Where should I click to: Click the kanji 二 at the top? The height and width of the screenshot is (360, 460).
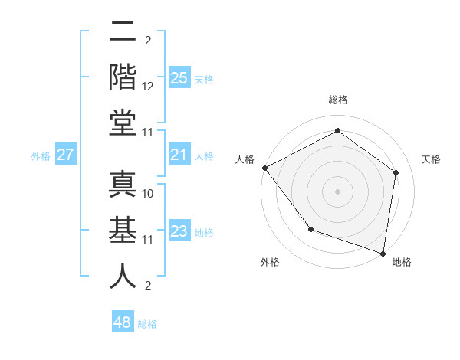pos(123,32)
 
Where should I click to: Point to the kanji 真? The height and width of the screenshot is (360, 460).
pos(123,185)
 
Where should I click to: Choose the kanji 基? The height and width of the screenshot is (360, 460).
pos(123,231)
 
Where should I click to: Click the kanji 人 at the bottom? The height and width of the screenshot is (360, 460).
pos(123,275)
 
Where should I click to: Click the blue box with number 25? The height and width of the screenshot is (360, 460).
pos(179,77)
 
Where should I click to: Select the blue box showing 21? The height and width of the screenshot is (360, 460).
pos(179,155)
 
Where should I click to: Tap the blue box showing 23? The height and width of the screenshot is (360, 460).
pos(179,232)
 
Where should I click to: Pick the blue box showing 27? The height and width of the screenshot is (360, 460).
pos(65,155)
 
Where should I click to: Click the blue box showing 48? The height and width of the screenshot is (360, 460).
pos(123,322)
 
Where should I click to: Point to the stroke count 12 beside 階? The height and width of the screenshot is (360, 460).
pos(148,87)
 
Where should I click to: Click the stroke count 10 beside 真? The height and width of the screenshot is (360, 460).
pos(148,194)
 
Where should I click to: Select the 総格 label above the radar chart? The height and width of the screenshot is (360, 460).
pos(338,100)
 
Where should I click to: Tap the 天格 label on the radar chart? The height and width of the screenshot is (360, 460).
pos(431,159)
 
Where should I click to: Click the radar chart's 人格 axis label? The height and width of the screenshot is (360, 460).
pos(245,159)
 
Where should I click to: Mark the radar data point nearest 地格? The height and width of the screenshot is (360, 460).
pos(383,253)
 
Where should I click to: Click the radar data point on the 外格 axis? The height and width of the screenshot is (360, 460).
pos(310,229)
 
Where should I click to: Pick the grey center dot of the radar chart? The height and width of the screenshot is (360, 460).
pos(338,191)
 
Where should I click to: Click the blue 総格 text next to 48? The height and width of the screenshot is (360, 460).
pos(147,324)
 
